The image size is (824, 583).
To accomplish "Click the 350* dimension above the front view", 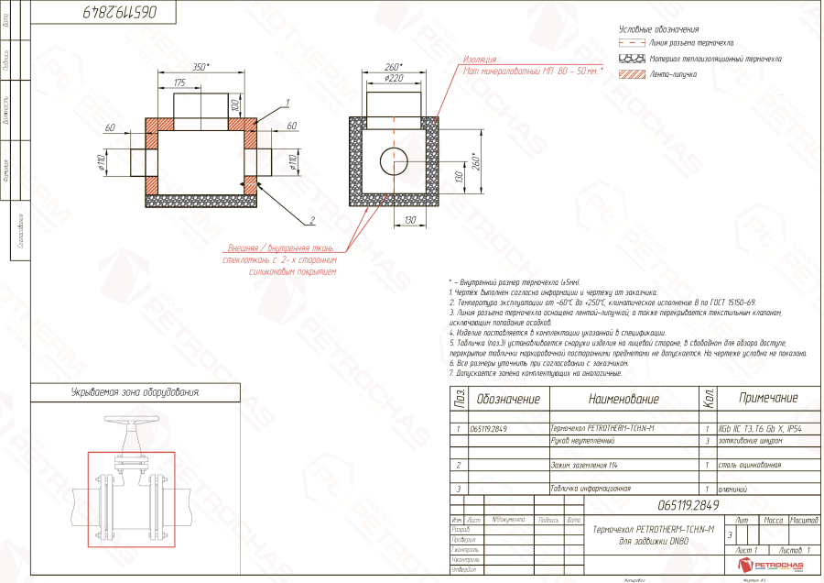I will coord(201,67).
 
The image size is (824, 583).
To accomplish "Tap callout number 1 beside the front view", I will coord(287,102).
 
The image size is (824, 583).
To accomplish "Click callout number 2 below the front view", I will coord(311,220).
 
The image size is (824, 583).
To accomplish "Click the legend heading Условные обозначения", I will coord(659,30).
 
